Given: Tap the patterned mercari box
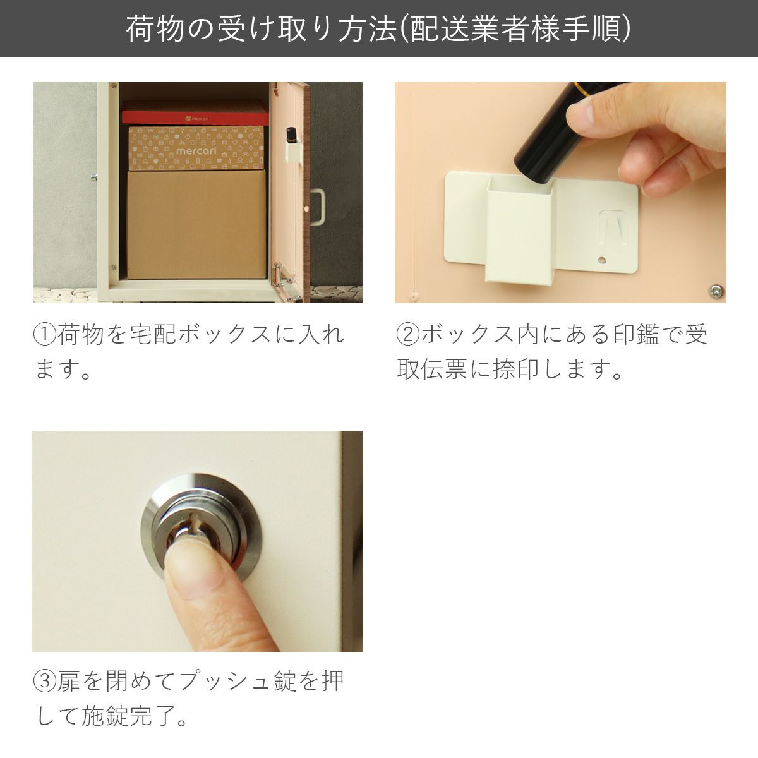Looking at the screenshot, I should pos(196,149).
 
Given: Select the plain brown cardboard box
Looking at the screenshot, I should pos(196,224).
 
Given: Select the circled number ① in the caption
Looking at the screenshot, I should pos(44,334).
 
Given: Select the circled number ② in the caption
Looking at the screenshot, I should pos(407,334).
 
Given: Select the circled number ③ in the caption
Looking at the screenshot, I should pos(44,681).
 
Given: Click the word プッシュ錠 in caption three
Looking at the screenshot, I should pos(240,681).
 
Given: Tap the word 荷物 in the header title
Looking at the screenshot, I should pos(150,28).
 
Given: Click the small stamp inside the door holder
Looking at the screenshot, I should pos(292,135).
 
